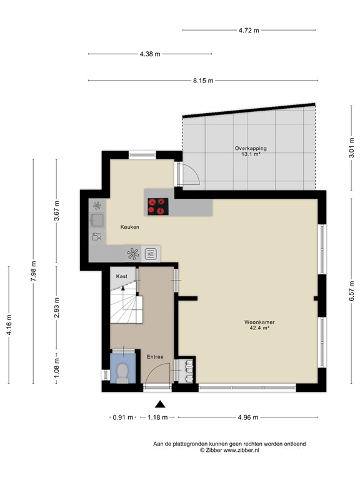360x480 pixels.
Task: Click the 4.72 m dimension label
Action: pyautogui.click(x=249, y=29)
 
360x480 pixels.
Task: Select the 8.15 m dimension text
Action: pyautogui.click(x=202, y=81)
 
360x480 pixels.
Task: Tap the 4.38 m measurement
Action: pyautogui.click(x=150, y=54)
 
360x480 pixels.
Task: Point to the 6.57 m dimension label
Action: pyautogui.click(x=351, y=290)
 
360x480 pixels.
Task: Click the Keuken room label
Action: pyautogui.click(x=129, y=227)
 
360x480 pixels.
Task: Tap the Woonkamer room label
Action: pyautogui.click(x=260, y=323)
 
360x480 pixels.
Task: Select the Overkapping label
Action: pyautogui.click(x=251, y=149)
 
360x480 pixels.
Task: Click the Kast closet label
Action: pyautogui.click(x=121, y=276)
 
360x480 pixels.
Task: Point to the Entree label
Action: pyautogui.click(x=155, y=357)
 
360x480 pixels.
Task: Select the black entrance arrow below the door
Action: pyautogui.click(x=161, y=404)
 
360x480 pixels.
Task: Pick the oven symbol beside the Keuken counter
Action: pyautogui.click(x=151, y=253)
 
